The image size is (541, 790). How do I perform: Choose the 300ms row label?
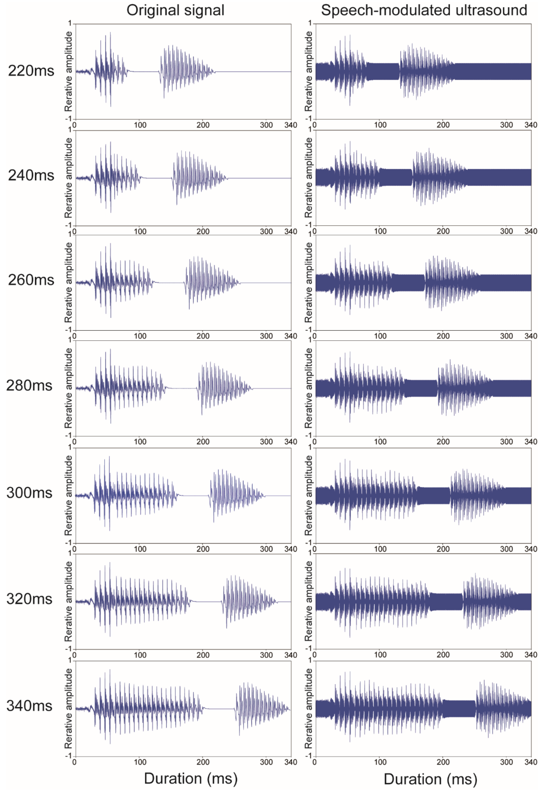coord(29,493)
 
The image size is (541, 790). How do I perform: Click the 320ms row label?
coord(29,599)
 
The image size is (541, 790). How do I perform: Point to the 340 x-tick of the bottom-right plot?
coord(530,762)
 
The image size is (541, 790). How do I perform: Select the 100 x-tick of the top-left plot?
coord(140,125)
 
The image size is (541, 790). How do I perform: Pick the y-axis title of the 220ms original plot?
coord(69,71)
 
